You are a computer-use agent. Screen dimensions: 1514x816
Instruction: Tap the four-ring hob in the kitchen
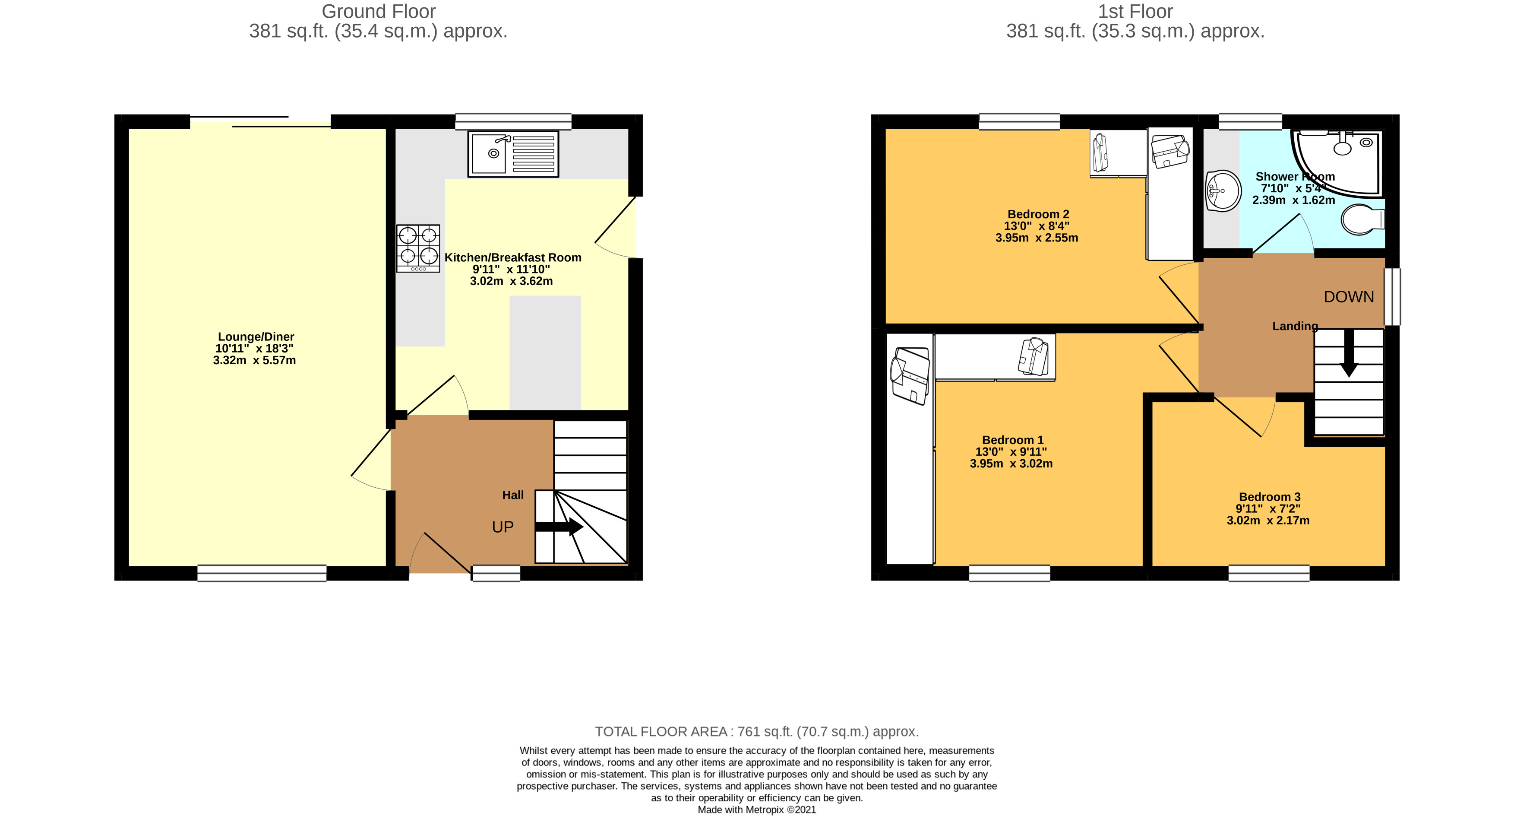418,248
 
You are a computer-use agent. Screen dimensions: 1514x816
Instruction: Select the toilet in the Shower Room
1363,220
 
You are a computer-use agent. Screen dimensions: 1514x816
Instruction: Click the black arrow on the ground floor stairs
559,527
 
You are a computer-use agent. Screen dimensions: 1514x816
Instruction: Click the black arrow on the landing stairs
1349,353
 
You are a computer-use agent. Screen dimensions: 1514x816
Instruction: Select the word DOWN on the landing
1349,297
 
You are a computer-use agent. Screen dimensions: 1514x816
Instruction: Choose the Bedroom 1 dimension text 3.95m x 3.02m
1011,463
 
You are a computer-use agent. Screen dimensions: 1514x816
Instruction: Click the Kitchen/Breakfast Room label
512,257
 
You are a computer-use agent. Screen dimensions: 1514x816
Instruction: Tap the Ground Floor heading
379,11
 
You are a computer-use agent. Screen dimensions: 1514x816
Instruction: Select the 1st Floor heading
1135,11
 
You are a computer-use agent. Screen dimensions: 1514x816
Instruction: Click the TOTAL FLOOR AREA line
756,731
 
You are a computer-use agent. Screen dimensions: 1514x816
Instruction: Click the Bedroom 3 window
1269,573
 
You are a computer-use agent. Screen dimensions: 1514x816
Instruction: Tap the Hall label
512,495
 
